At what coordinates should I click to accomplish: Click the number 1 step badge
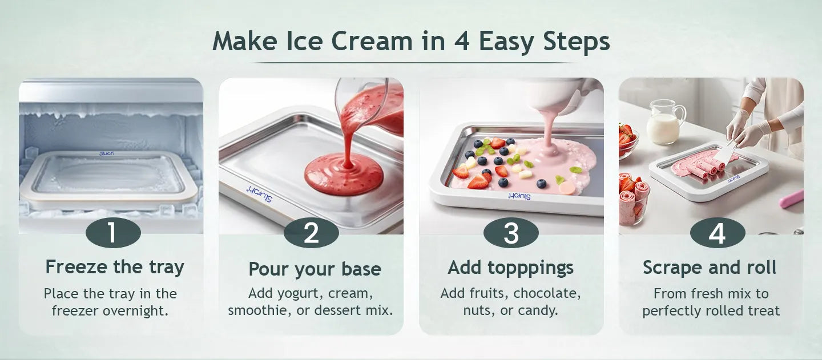pyautogui.click(x=113, y=232)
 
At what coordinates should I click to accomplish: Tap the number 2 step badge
pyautogui.click(x=311, y=232)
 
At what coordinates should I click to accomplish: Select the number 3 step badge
pyautogui.click(x=511, y=232)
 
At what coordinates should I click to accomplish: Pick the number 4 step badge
pyautogui.click(x=718, y=232)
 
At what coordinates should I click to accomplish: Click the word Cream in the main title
pyautogui.click(x=372, y=41)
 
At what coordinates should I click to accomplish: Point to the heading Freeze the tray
pyautogui.click(x=115, y=267)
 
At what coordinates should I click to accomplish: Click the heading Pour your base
pyautogui.click(x=315, y=269)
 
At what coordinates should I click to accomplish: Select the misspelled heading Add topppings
pyautogui.click(x=510, y=268)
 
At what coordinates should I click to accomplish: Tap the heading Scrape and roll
pyautogui.click(x=710, y=267)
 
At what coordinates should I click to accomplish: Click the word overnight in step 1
pyautogui.click(x=135, y=311)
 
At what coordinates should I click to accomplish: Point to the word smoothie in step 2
pyautogui.click(x=260, y=310)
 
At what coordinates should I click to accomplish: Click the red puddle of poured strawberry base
pyautogui.click(x=344, y=175)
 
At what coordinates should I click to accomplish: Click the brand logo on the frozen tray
pyautogui.click(x=107, y=153)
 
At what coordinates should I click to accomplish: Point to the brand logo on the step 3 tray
pyautogui.click(x=519, y=196)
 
